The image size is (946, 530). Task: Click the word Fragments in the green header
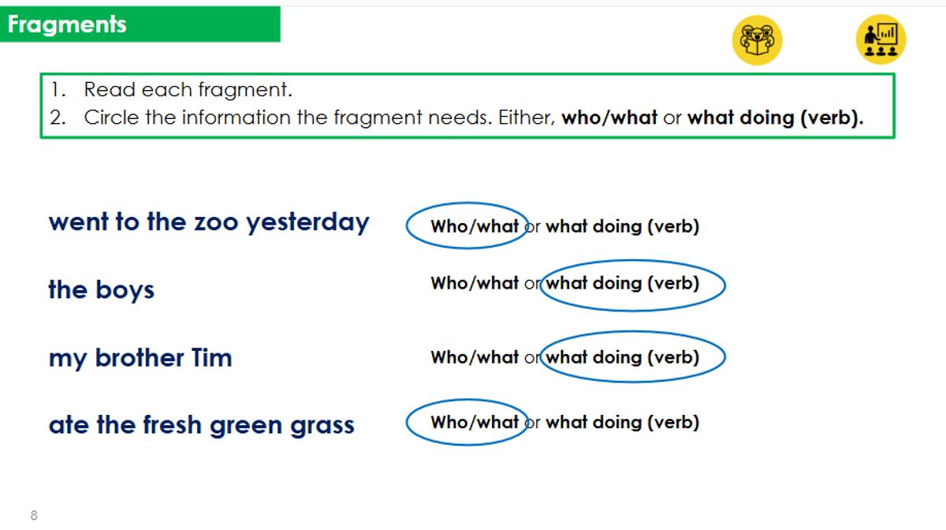tap(67, 24)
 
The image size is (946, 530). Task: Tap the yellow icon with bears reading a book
tap(757, 40)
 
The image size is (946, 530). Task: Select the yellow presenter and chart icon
tap(881, 39)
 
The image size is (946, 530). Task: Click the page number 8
tap(34, 515)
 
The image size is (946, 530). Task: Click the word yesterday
tap(308, 223)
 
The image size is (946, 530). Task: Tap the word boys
tap(125, 290)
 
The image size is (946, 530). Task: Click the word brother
tap(140, 357)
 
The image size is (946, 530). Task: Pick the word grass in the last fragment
tap(322, 426)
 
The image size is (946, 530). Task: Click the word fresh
tap(173, 424)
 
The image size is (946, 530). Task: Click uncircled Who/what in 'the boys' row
tap(475, 283)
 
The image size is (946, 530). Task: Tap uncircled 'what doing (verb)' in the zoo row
tap(622, 227)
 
